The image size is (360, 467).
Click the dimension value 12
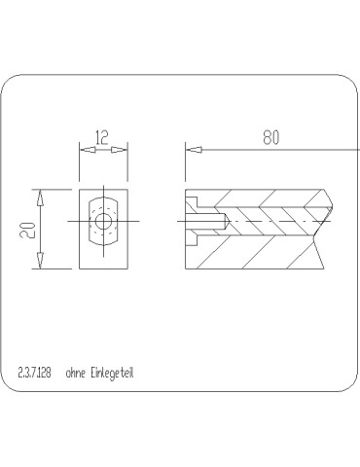coord(103,137)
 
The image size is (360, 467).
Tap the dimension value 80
coord(270,137)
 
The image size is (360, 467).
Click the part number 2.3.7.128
coord(35,372)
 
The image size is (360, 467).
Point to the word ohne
coord(75,372)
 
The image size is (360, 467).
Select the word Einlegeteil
coord(117,372)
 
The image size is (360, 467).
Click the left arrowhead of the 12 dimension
coord(86,149)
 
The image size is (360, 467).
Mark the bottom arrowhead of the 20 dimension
coord(40,262)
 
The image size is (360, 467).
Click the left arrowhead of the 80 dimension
coord(194,149)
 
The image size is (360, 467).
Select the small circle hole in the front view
coord(103,222)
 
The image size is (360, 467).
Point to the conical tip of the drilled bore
coord(228,221)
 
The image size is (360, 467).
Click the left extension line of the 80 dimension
coord(185,165)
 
